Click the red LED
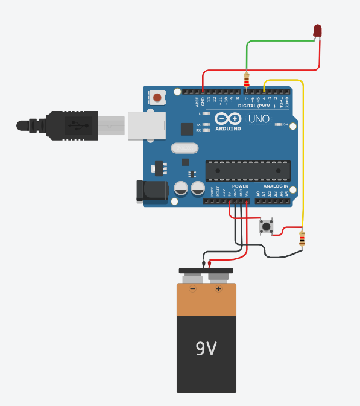click(318, 30)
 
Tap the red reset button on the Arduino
click(158, 97)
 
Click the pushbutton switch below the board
click(266, 227)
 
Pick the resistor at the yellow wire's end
click(302, 240)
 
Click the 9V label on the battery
click(206, 349)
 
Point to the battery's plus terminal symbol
click(218, 289)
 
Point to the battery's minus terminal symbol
click(193, 289)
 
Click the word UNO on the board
click(258, 119)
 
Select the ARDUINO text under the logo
click(227, 128)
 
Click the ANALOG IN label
click(275, 186)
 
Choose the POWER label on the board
click(240, 186)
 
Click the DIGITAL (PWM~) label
click(257, 106)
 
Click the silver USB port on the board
click(145, 125)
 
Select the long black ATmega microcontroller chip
click(248, 171)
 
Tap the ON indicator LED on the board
click(279, 125)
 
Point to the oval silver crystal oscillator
click(184, 148)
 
